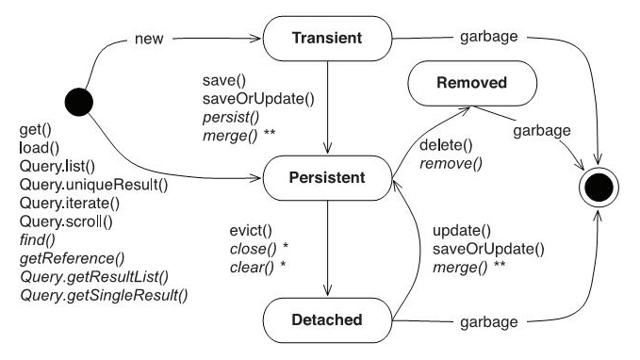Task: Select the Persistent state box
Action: [x=325, y=176]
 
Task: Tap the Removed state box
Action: [x=472, y=83]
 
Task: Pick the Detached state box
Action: [x=325, y=320]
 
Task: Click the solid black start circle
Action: [x=76, y=100]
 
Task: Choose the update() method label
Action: [x=462, y=231]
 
